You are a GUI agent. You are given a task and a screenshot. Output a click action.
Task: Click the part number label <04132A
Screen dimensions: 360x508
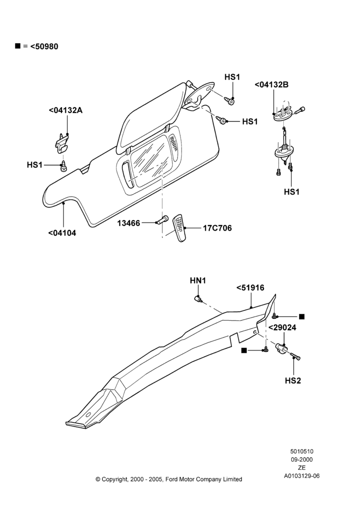point(66,110)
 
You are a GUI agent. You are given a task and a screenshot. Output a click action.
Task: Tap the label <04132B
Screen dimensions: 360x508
point(272,84)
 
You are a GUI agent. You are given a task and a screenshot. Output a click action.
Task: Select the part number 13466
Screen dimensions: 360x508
point(129,223)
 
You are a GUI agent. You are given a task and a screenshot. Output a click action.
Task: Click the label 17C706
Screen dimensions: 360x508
point(217,228)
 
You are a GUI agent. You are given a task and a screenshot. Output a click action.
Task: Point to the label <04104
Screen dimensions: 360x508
point(62,233)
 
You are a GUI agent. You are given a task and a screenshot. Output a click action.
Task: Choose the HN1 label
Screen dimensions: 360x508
point(198,280)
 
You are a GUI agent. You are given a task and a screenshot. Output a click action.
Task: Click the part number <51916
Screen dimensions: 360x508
point(250,288)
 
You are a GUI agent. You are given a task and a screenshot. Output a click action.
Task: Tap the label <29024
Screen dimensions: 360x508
point(282,328)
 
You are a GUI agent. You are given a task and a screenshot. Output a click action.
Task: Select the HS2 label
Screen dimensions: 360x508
point(293,380)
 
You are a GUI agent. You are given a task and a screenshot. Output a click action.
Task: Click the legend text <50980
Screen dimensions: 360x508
point(44,47)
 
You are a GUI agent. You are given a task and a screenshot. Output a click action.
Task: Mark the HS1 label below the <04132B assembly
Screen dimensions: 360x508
point(291,192)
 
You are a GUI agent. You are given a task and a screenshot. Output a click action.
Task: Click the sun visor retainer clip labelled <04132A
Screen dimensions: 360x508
point(62,143)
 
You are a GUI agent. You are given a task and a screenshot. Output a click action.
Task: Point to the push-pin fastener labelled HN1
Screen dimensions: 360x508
point(197,298)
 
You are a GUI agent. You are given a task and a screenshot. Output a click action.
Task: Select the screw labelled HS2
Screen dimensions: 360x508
point(295,357)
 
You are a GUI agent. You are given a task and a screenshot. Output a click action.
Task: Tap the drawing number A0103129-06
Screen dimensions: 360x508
point(302,476)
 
